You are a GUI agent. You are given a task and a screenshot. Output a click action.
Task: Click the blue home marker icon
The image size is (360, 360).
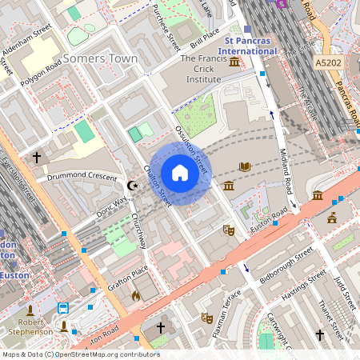tap(180, 173)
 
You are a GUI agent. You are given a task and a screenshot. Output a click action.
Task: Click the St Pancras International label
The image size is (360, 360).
tap(250, 45)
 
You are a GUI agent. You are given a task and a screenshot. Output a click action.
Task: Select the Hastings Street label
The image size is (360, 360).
tap(304, 284)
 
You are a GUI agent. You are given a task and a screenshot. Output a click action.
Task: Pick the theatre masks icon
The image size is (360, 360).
tap(228, 230)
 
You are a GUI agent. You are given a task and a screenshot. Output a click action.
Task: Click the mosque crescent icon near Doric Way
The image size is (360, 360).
tap(134, 186)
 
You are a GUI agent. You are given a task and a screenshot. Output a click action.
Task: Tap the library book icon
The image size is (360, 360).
tap(245, 166)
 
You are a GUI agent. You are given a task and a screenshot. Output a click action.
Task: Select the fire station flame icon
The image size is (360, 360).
tap(135, 296)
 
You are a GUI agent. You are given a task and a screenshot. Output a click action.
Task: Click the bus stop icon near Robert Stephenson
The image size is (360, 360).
tap(63, 308)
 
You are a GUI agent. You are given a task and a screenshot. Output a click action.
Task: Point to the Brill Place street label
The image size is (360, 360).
tap(200, 37)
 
